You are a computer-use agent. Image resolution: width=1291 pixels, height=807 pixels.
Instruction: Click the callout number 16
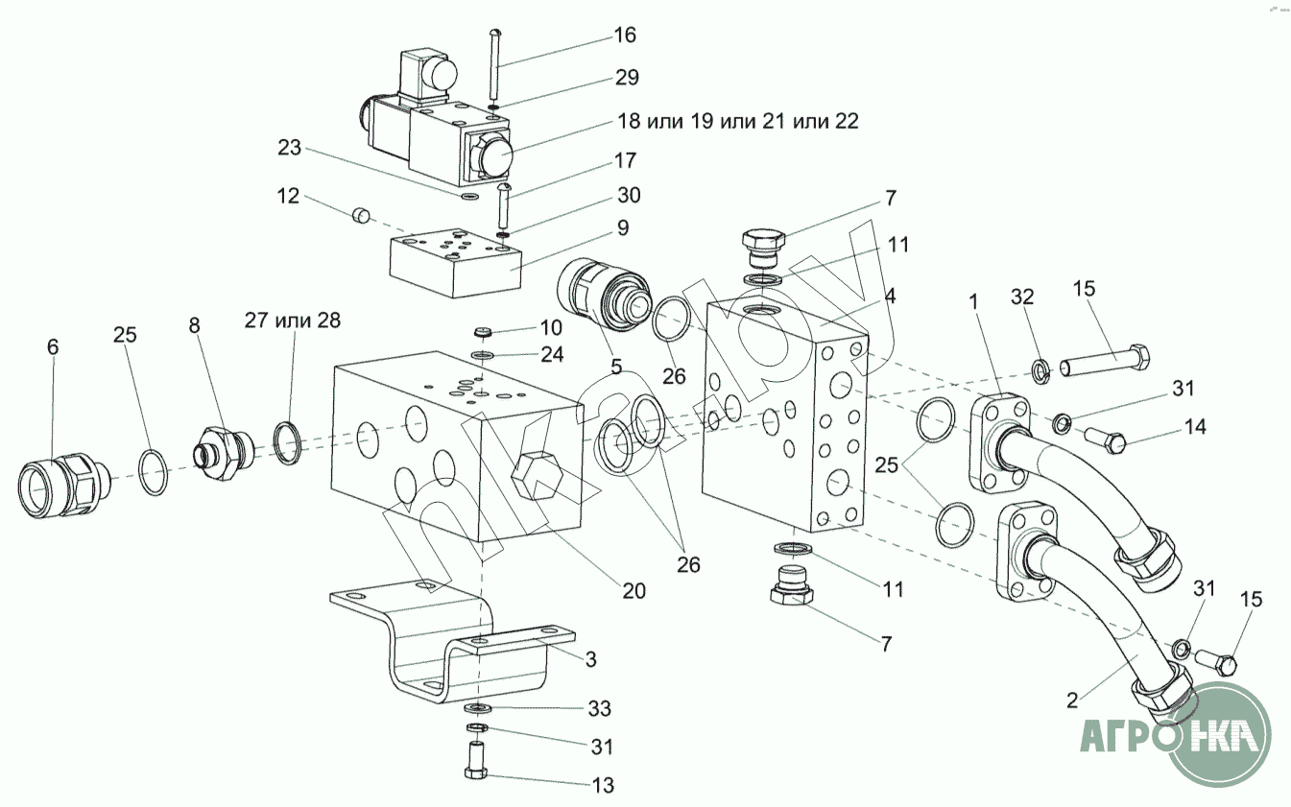[x=625, y=36]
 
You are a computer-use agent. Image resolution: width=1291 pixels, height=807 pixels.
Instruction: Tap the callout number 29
[x=627, y=77]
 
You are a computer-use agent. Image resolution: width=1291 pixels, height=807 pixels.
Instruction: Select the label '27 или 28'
[x=292, y=320]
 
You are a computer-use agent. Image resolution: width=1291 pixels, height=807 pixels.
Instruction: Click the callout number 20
[x=634, y=590]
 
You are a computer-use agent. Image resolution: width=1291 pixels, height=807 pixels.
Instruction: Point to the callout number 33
[x=599, y=708]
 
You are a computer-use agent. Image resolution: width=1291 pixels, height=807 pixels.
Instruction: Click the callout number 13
[x=603, y=785]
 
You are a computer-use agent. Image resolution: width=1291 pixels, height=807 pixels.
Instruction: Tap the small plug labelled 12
[x=361, y=216]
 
